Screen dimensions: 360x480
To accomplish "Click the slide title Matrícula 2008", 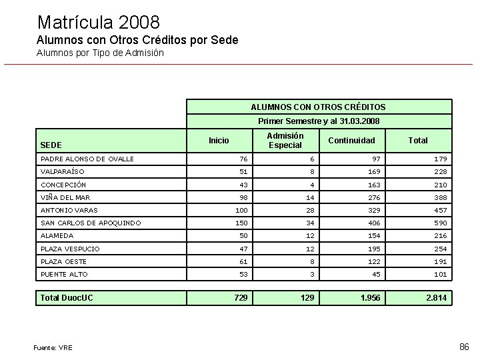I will tap(99, 22).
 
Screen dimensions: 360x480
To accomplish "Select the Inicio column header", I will tap(219, 140).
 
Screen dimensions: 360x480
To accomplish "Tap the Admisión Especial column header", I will tap(285, 140).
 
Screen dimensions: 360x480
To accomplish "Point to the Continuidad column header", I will tap(351, 140).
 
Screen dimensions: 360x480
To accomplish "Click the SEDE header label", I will tap(51, 145).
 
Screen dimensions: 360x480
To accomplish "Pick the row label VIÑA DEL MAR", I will tap(65, 197).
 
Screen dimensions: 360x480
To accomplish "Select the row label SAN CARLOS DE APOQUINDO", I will tap(91, 223).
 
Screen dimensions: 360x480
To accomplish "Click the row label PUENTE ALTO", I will tap(64, 274).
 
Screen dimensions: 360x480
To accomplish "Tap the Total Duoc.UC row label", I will tap(67, 297).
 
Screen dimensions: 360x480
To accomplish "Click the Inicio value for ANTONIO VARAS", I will tap(240, 211).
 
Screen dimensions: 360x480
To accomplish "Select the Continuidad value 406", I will tap(373, 223).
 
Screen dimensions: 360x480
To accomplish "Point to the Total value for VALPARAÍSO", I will tap(440, 172).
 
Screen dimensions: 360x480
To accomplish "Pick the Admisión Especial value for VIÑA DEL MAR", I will tap(309, 198).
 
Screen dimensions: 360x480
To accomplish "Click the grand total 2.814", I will tap(437, 297).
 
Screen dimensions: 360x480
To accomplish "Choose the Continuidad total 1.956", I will tap(370, 297).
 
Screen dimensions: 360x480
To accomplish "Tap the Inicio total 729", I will tap(240, 297).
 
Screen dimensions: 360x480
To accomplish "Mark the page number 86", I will tap(465, 347).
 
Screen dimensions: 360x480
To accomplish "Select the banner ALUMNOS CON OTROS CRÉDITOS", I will tap(318, 107).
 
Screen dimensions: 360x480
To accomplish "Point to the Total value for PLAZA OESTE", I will tap(440, 262).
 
